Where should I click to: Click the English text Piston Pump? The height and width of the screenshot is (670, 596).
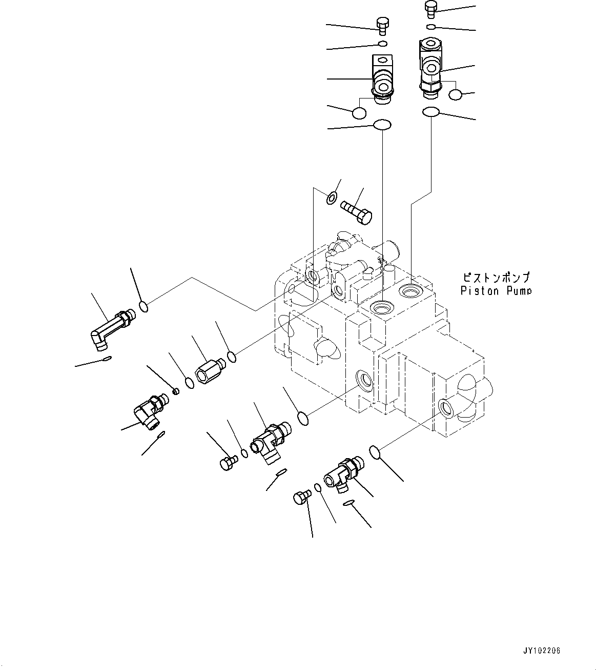click(496, 291)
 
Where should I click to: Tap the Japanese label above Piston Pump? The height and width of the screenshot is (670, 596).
click(496, 278)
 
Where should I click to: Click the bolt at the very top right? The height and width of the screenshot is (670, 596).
click(430, 9)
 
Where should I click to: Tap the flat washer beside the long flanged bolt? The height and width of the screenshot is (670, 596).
click(332, 197)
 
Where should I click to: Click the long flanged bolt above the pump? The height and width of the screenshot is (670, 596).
click(357, 211)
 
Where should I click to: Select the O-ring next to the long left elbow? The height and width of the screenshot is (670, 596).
click(145, 307)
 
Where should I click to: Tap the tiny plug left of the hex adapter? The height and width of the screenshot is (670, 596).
click(176, 392)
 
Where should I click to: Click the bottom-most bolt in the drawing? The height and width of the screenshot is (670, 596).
click(301, 498)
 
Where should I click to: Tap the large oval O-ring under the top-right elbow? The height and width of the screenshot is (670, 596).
click(430, 112)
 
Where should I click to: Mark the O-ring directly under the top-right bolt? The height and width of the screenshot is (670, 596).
click(431, 27)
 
